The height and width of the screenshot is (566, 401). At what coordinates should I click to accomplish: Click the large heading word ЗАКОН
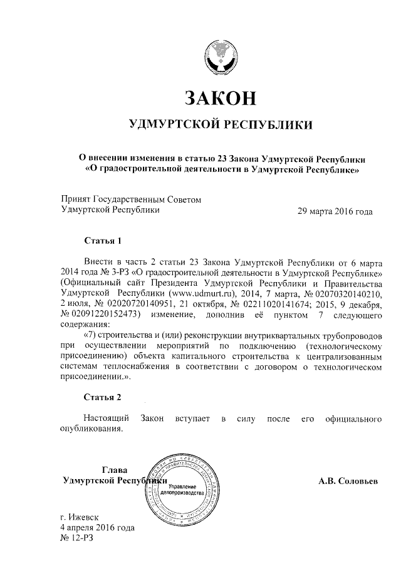pyautogui.click(x=219, y=98)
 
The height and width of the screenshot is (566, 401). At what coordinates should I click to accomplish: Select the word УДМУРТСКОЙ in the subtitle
pyautogui.click(x=169, y=126)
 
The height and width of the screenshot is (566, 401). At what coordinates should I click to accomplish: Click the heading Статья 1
pyautogui.click(x=102, y=240)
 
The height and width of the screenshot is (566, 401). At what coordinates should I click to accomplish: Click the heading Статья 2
pyautogui.click(x=102, y=397)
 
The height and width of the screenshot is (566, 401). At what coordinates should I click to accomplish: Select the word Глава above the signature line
pyautogui.click(x=114, y=470)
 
